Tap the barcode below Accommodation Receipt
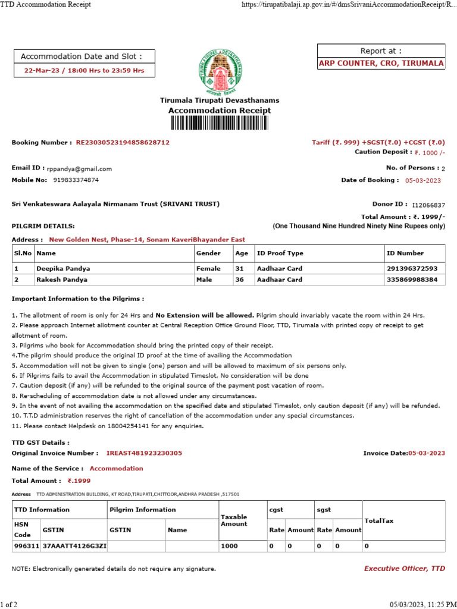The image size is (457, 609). click(x=219, y=123)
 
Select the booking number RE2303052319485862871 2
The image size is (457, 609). click(x=123, y=143)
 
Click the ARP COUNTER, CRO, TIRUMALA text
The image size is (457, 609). click(x=381, y=64)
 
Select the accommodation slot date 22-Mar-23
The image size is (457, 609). click(x=42, y=70)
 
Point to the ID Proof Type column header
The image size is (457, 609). click(x=280, y=253)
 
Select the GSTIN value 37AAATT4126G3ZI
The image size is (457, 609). click(x=73, y=545)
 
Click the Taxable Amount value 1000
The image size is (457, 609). click(x=228, y=545)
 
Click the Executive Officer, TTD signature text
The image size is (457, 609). click(x=404, y=569)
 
